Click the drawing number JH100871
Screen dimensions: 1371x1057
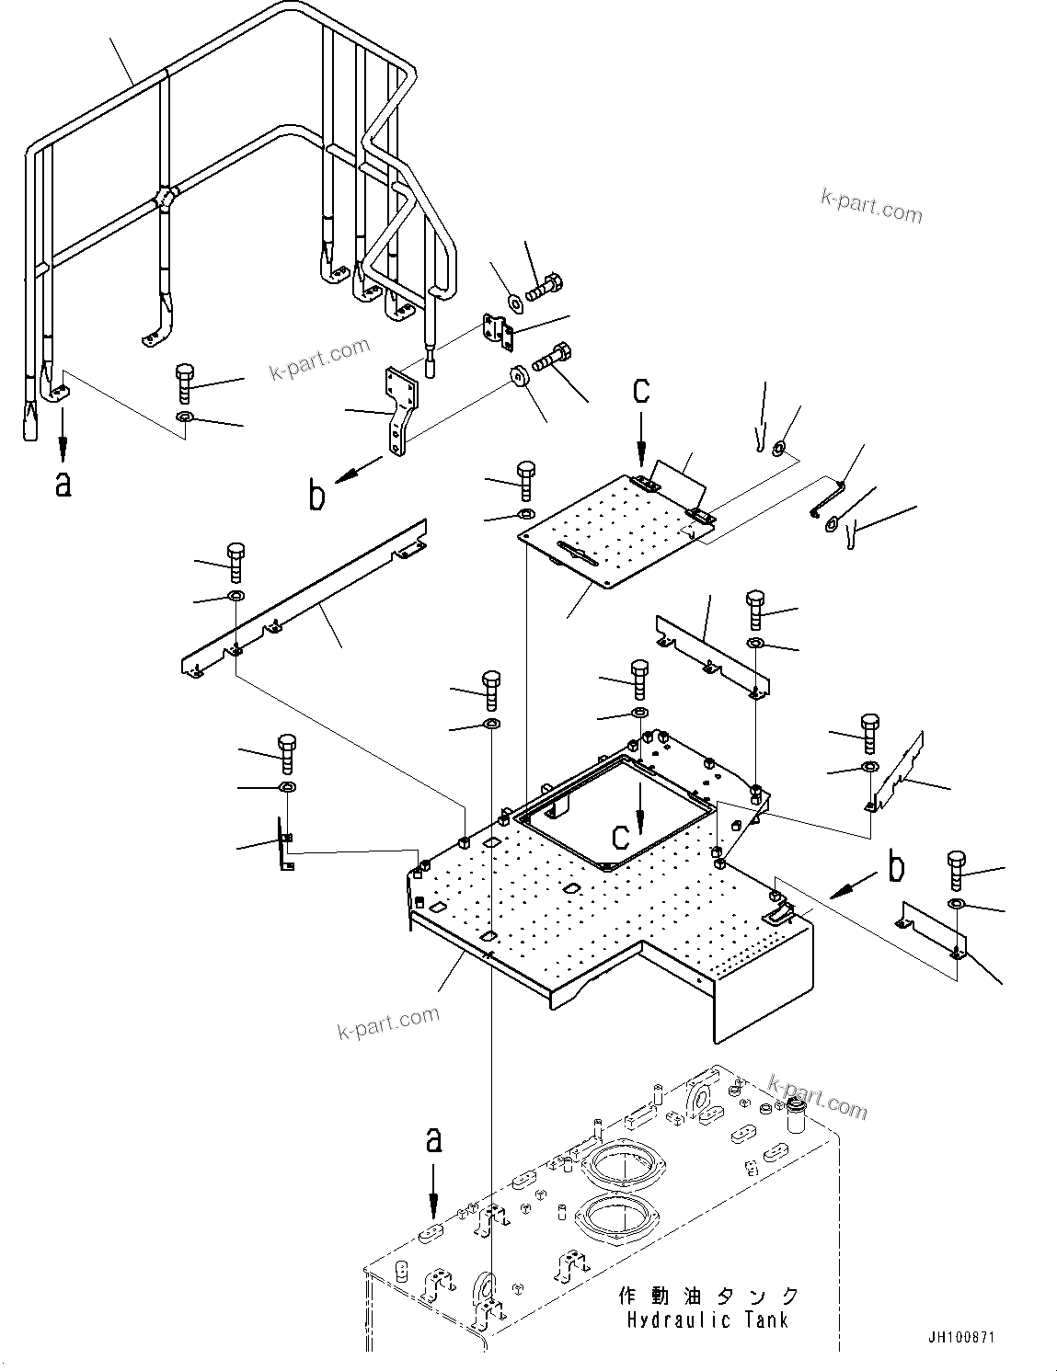tap(962, 1338)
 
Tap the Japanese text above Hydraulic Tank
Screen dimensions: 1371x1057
tap(707, 1296)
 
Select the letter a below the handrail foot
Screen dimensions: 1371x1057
tap(63, 483)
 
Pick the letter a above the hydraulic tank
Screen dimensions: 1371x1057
tap(433, 1141)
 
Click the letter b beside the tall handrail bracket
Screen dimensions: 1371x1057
tap(316, 496)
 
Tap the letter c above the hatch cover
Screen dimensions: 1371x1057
tap(640, 390)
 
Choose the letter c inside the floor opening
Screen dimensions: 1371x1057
tap(623, 836)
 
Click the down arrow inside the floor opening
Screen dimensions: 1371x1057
tap(642, 810)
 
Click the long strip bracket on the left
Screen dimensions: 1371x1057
tap(304, 602)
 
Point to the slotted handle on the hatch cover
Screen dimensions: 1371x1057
tap(573, 554)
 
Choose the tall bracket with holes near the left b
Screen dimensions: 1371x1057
tap(396, 409)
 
